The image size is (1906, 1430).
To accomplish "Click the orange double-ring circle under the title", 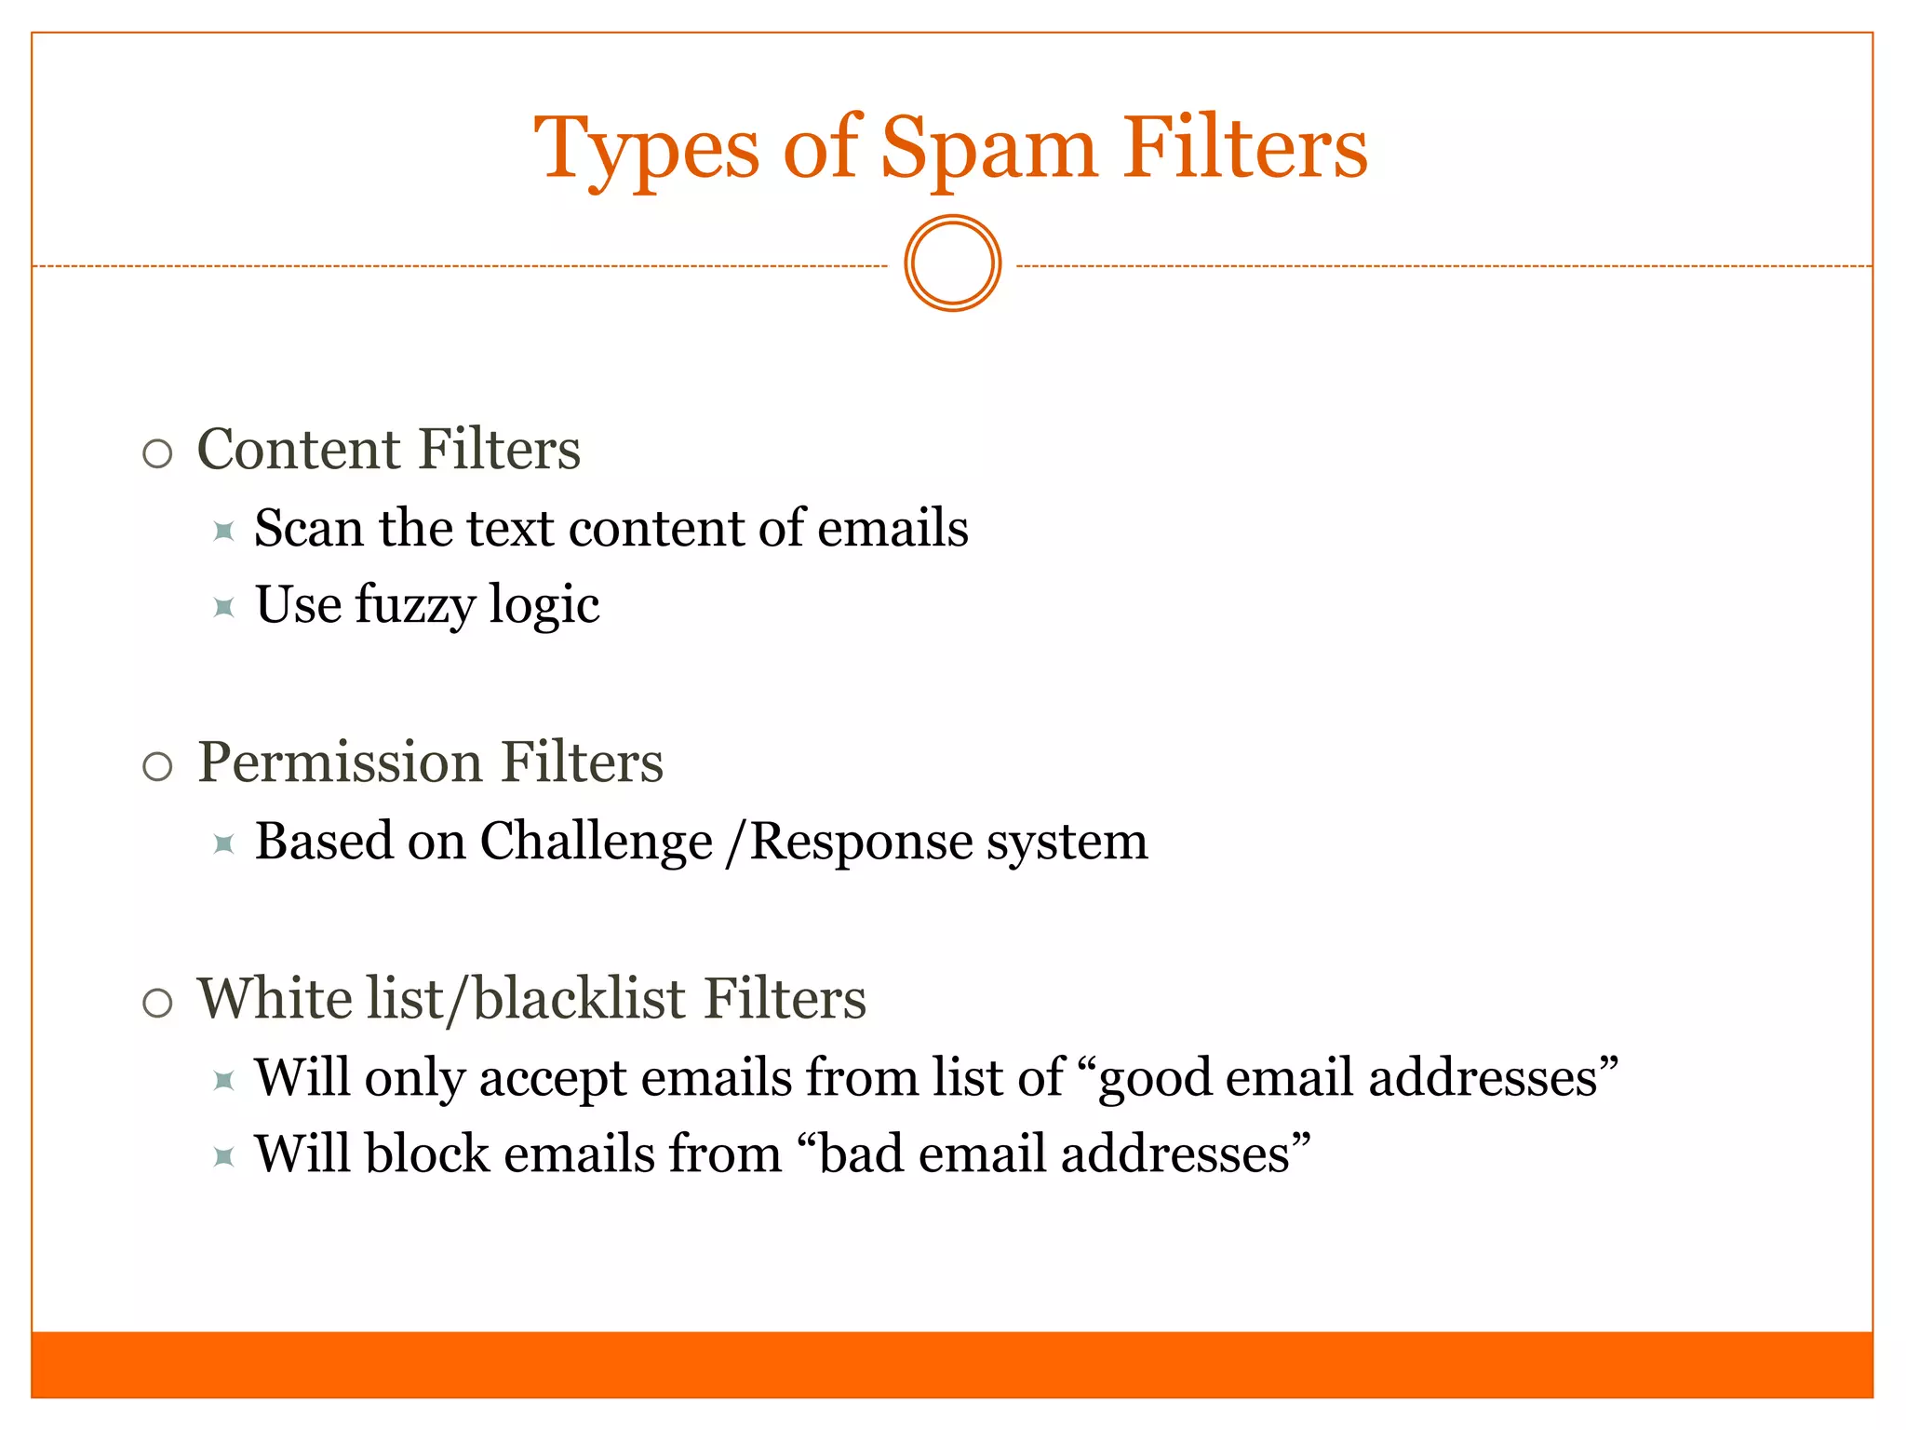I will click(952, 263).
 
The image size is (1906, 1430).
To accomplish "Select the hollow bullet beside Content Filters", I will click(158, 453).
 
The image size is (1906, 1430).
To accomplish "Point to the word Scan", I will click(308, 528).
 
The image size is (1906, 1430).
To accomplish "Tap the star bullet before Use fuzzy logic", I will click(223, 608).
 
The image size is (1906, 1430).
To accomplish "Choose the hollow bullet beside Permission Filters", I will click(158, 767).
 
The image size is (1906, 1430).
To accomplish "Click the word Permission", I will click(339, 763).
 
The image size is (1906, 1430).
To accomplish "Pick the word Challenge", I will click(596, 843).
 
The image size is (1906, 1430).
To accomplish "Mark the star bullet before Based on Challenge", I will click(223, 844).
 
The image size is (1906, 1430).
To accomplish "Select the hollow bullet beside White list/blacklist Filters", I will click(158, 1004).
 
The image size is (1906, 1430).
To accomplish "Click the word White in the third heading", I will click(275, 999).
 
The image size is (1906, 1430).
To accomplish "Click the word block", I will click(427, 1154).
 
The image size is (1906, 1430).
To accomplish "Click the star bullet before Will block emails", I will click(223, 1157).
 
